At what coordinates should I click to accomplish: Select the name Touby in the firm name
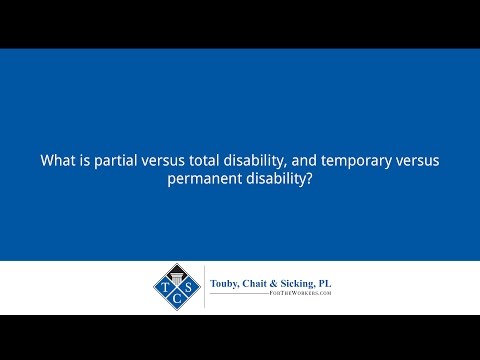tap(227, 284)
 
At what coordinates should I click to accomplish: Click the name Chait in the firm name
tap(264, 284)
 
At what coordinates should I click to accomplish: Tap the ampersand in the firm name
tap(284, 284)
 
